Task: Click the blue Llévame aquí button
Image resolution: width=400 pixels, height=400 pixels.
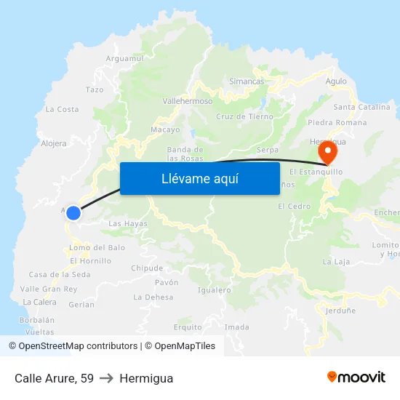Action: click(x=199, y=178)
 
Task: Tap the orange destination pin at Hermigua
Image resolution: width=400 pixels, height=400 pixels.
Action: click(x=327, y=153)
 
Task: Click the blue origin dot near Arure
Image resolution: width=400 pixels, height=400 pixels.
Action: click(x=73, y=212)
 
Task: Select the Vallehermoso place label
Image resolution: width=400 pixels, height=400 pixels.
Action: click(x=188, y=102)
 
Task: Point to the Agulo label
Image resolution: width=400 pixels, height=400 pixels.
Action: click(x=336, y=81)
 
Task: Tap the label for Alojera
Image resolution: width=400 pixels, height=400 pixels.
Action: click(x=54, y=144)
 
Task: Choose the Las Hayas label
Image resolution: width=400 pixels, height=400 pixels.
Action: click(x=128, y=224)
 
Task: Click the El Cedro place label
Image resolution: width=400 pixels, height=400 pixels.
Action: click(x=294, y=207)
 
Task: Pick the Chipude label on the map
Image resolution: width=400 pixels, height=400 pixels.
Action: click(x=147, y=268)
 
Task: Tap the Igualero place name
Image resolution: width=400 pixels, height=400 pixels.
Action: click(x=214, y=290)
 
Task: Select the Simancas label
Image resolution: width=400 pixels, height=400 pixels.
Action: click(x=247, y=81)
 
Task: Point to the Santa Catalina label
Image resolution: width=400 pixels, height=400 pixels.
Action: click(x=361, y=107)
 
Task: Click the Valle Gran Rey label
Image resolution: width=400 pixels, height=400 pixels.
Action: click(x=49, y=289)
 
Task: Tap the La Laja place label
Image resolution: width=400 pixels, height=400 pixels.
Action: click(x=337, y=261)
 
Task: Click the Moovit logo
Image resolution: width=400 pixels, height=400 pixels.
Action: click(x=356, y=377)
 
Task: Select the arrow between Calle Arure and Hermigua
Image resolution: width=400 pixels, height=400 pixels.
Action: click(x=106, y=378)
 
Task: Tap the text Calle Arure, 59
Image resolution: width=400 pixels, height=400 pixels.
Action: click(x=54, y=378)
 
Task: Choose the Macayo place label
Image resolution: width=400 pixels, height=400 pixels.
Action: click(x=165, y=129)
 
